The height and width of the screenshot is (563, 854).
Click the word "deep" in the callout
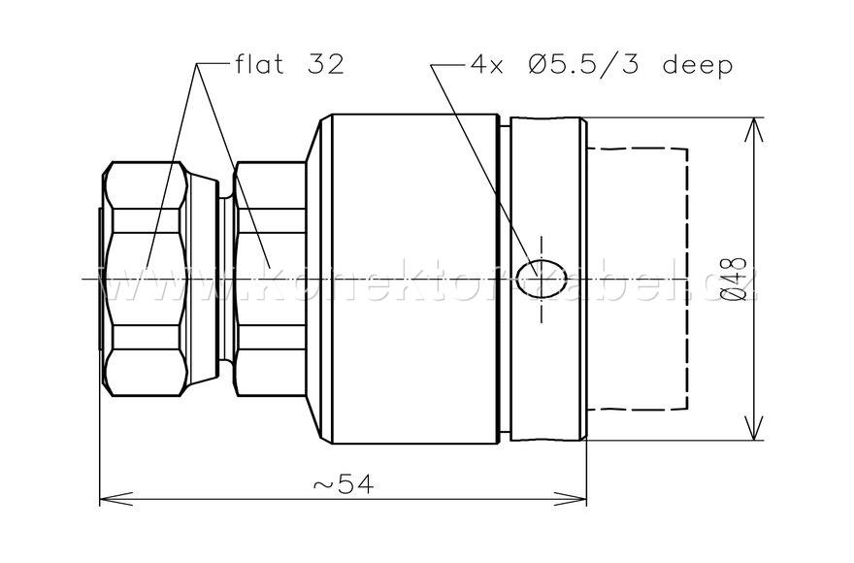pos(697,65)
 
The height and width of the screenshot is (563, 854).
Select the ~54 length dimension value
pos(345,483)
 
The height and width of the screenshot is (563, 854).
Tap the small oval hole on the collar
pos(541,280)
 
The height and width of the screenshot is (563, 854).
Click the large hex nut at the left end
pos(146,279)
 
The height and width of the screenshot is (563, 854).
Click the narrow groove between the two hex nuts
pos(226,279)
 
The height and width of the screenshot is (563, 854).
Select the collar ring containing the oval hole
pos(543,194)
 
